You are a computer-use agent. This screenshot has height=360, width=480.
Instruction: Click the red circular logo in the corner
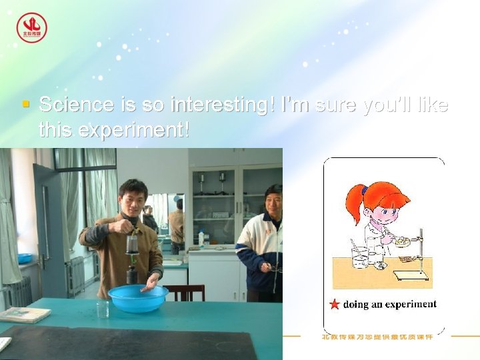click(31, 28)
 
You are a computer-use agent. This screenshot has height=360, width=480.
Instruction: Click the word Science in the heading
click(76, 105)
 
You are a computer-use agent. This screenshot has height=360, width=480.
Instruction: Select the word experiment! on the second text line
click(134, 130)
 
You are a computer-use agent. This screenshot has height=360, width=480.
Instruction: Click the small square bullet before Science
click(25, 105)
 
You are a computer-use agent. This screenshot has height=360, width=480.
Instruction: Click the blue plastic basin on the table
click(138, 297)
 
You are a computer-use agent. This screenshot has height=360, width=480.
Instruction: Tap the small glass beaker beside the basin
click(102, 308)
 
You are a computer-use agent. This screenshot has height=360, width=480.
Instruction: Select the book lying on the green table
click(24, 314)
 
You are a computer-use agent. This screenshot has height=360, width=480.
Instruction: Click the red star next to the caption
click(335, 305)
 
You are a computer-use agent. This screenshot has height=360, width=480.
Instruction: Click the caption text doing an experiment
click(389, 305)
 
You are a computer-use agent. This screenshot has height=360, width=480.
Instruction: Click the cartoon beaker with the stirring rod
click(360, 257)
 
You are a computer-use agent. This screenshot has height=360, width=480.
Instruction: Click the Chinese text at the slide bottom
click(377, 337)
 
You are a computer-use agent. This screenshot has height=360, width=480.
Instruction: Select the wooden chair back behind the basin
click(185, 292)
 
